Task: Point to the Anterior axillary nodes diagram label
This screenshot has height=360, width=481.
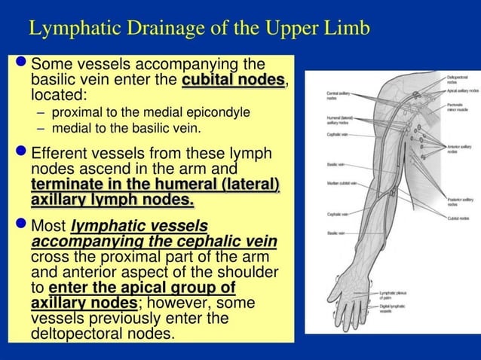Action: pos(457,148)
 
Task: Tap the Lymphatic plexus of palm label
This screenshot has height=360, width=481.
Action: pos(397,295)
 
